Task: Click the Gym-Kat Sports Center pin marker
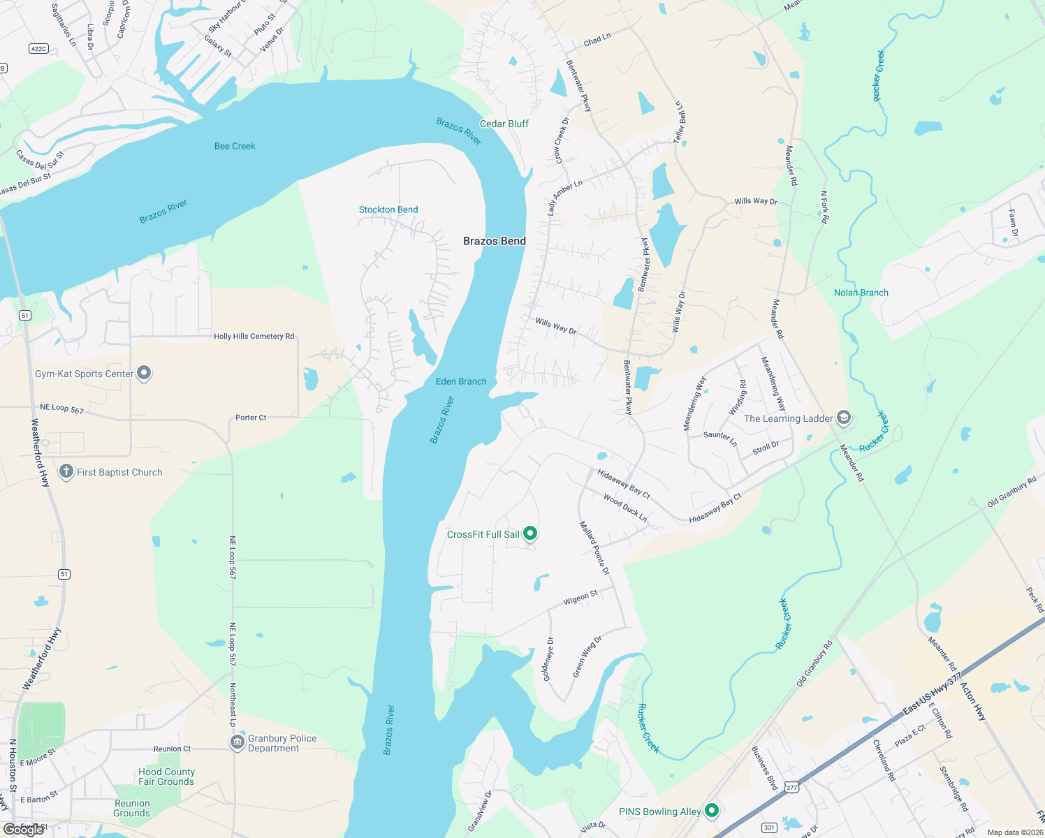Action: [x=144, y=373]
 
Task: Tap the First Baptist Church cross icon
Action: [x=66, y=471]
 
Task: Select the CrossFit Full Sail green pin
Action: [x=530, y=534]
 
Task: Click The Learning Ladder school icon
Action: [x=844, y=418]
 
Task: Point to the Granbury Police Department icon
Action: [x=237, y=742]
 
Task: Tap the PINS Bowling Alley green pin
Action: [x=712, y=810]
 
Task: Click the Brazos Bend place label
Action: [x=495, y=241]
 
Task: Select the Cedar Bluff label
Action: [x=504, y=124]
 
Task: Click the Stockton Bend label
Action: [x=388, y=209]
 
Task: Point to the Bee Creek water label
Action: [x=235, y=146]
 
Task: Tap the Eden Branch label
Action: [x=461, y=381]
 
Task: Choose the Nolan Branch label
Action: [x=861, y=293]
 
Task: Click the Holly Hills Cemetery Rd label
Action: [x=254, y=336]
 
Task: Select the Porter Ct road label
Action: [x=251, y=418]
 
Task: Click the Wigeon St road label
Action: [x=580, y=598]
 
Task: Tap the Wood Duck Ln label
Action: [x=625, y=508]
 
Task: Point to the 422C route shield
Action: [x=38, y=48]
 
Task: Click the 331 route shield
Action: [x=769, y=828]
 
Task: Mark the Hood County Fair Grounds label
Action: [x=166, y=777]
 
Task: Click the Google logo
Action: [x=24, y=830]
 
